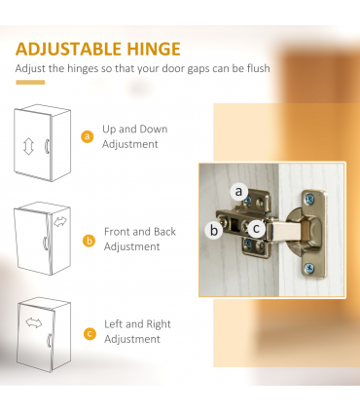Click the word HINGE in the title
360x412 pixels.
pos(154,49)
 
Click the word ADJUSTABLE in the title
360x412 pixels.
pos(69,49)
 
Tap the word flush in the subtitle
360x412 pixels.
pos(258,68)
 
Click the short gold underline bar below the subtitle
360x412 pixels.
pos(30,83)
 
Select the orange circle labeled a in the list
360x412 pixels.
pos(87,136)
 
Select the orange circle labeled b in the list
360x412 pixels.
pos(89,241)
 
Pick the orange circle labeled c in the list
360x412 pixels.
pos(90,334)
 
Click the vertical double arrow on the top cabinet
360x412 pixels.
pos(28,146)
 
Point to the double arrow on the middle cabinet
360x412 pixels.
pos(60,222)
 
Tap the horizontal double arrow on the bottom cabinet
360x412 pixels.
pos(34,322)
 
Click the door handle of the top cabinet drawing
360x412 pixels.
pos(47,146)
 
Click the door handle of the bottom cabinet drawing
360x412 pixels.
pos(50,340)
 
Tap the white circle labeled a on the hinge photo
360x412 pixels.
pos(239,191)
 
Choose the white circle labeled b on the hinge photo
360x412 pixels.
pos(214,230)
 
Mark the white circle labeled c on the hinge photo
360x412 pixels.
pos(256,229)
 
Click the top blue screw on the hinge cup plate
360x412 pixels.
pos(309,199)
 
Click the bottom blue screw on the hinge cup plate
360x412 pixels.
pos(308,268)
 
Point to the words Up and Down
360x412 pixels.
pos(135,130)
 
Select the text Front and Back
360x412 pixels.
pos(140,232)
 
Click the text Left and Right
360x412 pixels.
pos(137,324)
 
